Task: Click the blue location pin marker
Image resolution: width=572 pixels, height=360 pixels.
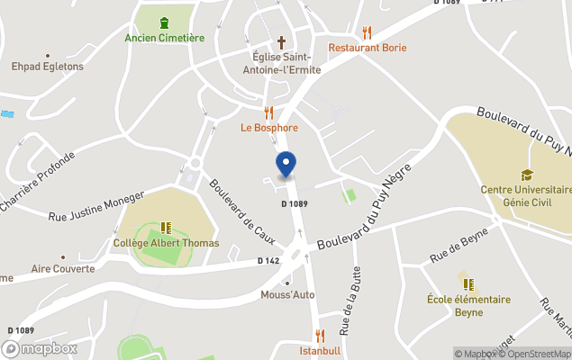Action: pos(286,165)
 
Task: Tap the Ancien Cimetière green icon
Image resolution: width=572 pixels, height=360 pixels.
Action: pos(164,22)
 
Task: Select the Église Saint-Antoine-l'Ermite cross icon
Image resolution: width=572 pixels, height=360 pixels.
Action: pos(281,41)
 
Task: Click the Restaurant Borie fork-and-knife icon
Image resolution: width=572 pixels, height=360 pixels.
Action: pos(367,32)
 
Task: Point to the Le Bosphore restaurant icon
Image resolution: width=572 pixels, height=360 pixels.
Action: pos(268,112)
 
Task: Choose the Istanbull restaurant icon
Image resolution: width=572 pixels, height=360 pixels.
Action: pos(319,336)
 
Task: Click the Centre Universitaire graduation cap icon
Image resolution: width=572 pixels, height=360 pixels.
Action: pos(527,175)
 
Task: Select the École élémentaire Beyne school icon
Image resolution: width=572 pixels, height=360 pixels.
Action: pos(468,284)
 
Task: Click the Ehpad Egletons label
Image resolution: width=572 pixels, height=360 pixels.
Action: pos(47,66)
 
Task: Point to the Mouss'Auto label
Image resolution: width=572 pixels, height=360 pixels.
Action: pos(286,294)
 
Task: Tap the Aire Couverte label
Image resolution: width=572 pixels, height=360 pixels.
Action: pos(63,268)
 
